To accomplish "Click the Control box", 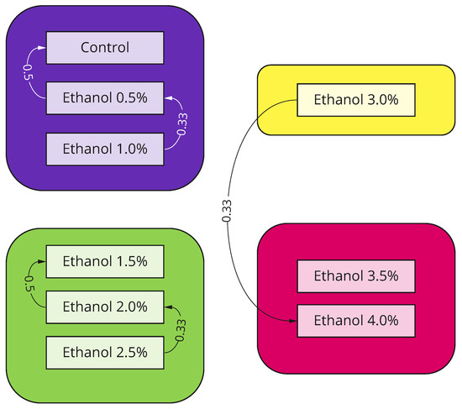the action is pyautogui.click(x=105, y=48).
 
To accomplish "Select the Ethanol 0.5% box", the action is pyautogui.click(x=105, y=98).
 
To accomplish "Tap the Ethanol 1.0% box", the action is pyautogui.click(x=105, y=149).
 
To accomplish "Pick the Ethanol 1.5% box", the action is pyautogui.click(x=105, y=261).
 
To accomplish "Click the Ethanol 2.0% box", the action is pyautogui.click(x=105, y=307).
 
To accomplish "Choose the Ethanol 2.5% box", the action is pyautogui.click(x=105, y=353).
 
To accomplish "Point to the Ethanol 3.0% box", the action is pyautogui.click(x=356, y=100).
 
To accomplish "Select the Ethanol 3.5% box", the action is pyautogui.click(x=356, y=276).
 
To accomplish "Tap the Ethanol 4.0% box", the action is pyautogui.click(x=356, y=321).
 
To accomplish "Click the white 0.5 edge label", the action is pyautogui.click(x=29, y=72).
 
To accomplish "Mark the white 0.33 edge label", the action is pyautogui.click(x=182, y=124).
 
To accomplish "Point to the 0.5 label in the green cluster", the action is pyautogui.click(x=29, y=284).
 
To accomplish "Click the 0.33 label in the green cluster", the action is pyautogui.click(x=181, y=330).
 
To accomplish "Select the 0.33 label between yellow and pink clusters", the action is pyautogui.click(x=227, y=211).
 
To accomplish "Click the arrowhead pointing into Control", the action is pyautogui.click(x=42, y=48).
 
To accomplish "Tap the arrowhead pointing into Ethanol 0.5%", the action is pyautogui.click(x=168, y=98).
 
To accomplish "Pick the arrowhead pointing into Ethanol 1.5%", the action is pyautogui.click(x=42, y=261).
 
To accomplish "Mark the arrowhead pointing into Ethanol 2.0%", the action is pyautogui.click(x=168, y=307).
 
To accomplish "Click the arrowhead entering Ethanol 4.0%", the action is pyautogui.click(x=292, y=321).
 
